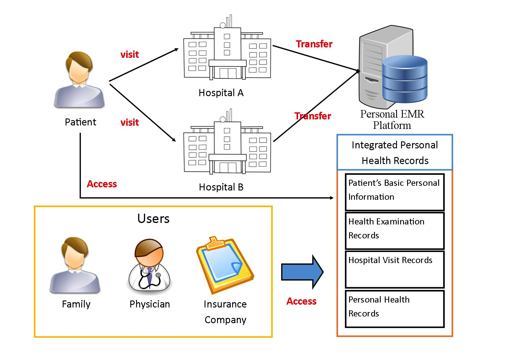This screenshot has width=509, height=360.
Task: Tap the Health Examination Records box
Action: (395, 231)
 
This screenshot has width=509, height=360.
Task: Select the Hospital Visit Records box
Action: (395, 269)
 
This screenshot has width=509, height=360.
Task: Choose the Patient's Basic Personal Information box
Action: (395, 192)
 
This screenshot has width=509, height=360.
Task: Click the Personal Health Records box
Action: (395, 309)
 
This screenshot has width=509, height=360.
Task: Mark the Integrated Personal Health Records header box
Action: (395, 152)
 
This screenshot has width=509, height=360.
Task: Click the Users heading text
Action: (153, 219)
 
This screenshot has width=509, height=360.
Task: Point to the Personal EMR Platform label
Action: (392, 120)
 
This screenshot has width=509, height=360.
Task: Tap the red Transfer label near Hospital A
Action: (314, 44)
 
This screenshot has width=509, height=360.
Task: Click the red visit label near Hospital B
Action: (129, 123)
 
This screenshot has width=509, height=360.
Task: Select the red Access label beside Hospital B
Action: (102, 184)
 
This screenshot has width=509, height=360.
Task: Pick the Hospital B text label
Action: (221, 187)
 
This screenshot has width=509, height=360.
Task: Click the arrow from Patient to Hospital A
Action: (144, 65)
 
